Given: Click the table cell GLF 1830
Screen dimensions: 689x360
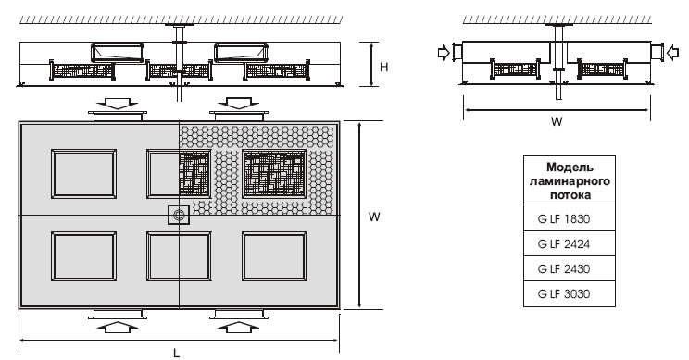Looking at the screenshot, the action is pyautogui.click(x=569, y=218).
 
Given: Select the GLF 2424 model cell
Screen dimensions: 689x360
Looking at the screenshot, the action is pyautogui.click(x=569, y=243).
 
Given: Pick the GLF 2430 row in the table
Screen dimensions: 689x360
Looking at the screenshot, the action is pyautogui.click(x=569, y=268).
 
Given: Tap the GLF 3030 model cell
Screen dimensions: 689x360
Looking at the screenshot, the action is pyautogui.click(x=569, y=293).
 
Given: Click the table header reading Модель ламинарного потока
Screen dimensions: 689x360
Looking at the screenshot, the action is pyautogui.click(x=569, y=180).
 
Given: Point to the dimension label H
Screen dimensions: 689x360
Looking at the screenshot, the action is pyautogui.click(x=384, y=68).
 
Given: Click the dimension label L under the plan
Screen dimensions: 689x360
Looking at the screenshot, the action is pyautogui.click(x=176, y=353).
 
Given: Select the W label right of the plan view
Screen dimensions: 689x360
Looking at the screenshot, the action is pyautogui.click(x=374, y=217).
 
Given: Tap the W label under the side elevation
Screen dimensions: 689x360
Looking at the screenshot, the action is pyautogui.click(x=557, y=121).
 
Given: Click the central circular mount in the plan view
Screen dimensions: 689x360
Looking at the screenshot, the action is pyautogui.click(x=179, y=215).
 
